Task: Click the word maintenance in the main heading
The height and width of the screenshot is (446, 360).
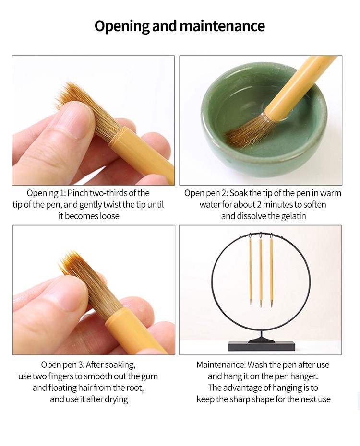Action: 222,25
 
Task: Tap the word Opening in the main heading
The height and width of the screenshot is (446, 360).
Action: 122,26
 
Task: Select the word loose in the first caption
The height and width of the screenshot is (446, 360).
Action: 109,216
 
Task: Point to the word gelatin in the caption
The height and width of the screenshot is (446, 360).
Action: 293,216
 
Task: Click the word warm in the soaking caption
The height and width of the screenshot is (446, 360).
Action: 330,193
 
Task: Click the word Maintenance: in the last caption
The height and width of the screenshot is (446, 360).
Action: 221,364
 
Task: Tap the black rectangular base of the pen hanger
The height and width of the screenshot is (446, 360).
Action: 261,346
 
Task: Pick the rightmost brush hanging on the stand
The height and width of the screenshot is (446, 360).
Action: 271,272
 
